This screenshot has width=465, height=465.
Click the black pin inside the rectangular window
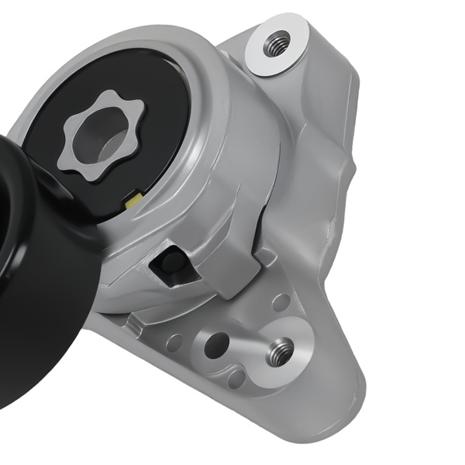click(172, 262)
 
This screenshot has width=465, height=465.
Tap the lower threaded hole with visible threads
click(280, 351)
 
